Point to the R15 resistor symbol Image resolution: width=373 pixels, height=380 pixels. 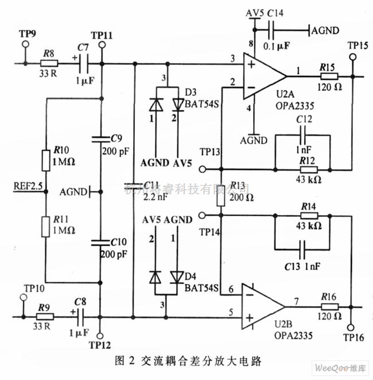[x=328, y=76]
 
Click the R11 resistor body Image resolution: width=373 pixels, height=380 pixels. [x=46, y=226]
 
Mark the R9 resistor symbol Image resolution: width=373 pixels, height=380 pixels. [x=45, y=316]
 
